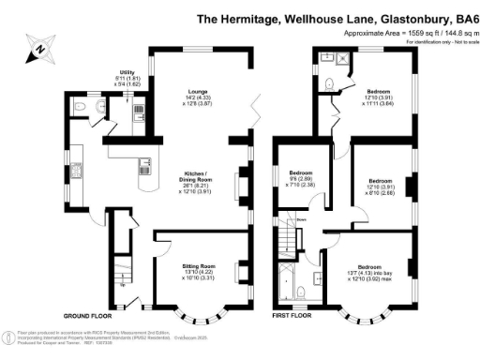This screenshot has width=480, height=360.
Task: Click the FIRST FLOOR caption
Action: (x=292, y=316)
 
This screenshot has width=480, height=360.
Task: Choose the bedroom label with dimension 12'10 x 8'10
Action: (x=380, y=186)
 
